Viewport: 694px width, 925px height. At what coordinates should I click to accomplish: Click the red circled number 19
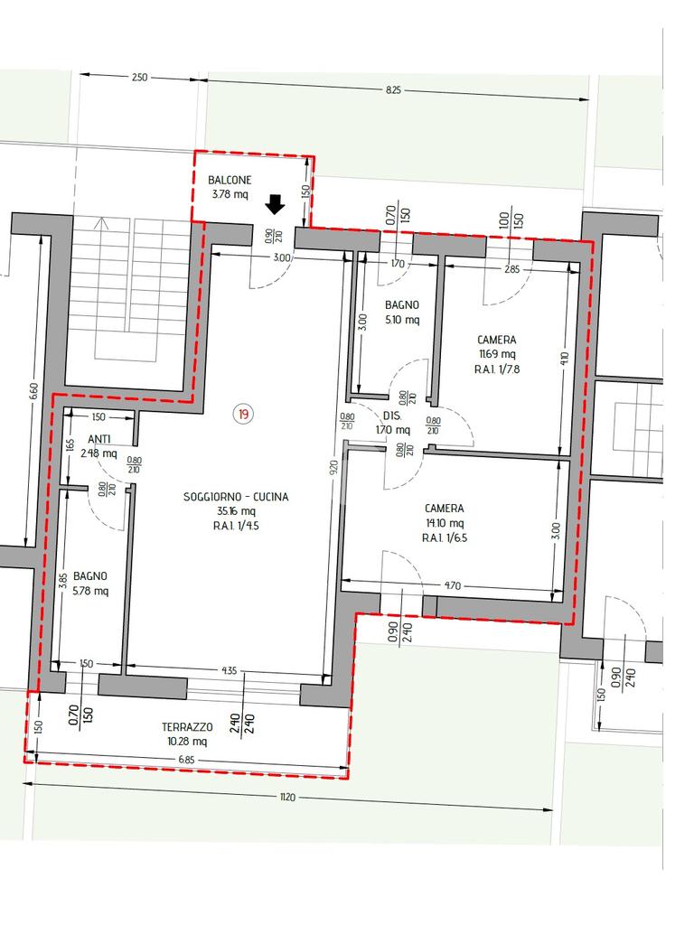coord(243,414)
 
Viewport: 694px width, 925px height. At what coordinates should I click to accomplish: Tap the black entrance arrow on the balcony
coord(275,204)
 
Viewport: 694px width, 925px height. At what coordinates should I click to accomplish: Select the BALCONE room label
coord(230,180)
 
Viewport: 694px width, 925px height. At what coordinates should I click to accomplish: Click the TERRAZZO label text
coord(187,727)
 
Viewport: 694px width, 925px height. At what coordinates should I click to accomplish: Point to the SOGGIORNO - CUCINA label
coord(236,497)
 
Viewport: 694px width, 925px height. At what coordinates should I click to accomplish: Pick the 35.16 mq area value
coord(236,511)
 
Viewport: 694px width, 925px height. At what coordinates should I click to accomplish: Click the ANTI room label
coord(98,440)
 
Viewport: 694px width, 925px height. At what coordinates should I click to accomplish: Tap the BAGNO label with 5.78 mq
coord(90,576)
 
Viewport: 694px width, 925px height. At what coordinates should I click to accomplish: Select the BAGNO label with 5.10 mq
coord(402,305)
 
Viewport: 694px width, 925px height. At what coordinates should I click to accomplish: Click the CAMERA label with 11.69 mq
coord(497,340)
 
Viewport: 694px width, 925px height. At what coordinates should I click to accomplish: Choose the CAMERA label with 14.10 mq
coord(445,509)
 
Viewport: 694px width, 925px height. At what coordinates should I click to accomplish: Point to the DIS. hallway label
coord(392,416)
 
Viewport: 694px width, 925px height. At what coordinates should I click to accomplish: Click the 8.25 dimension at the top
coord(393,89)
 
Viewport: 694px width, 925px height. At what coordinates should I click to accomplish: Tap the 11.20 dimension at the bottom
coord(286,798)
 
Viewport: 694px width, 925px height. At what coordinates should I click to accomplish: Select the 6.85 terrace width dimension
coord(186,760)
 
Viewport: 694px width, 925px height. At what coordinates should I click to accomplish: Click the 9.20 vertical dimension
coord(334,469)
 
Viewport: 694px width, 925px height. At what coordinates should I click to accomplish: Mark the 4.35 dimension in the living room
coord(230,671)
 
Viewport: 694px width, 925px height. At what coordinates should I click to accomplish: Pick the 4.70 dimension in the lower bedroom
coord(452,585)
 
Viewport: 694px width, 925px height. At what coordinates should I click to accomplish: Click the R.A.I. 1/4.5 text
coord(236,527)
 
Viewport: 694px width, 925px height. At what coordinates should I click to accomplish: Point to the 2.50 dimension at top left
coord(139,77)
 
